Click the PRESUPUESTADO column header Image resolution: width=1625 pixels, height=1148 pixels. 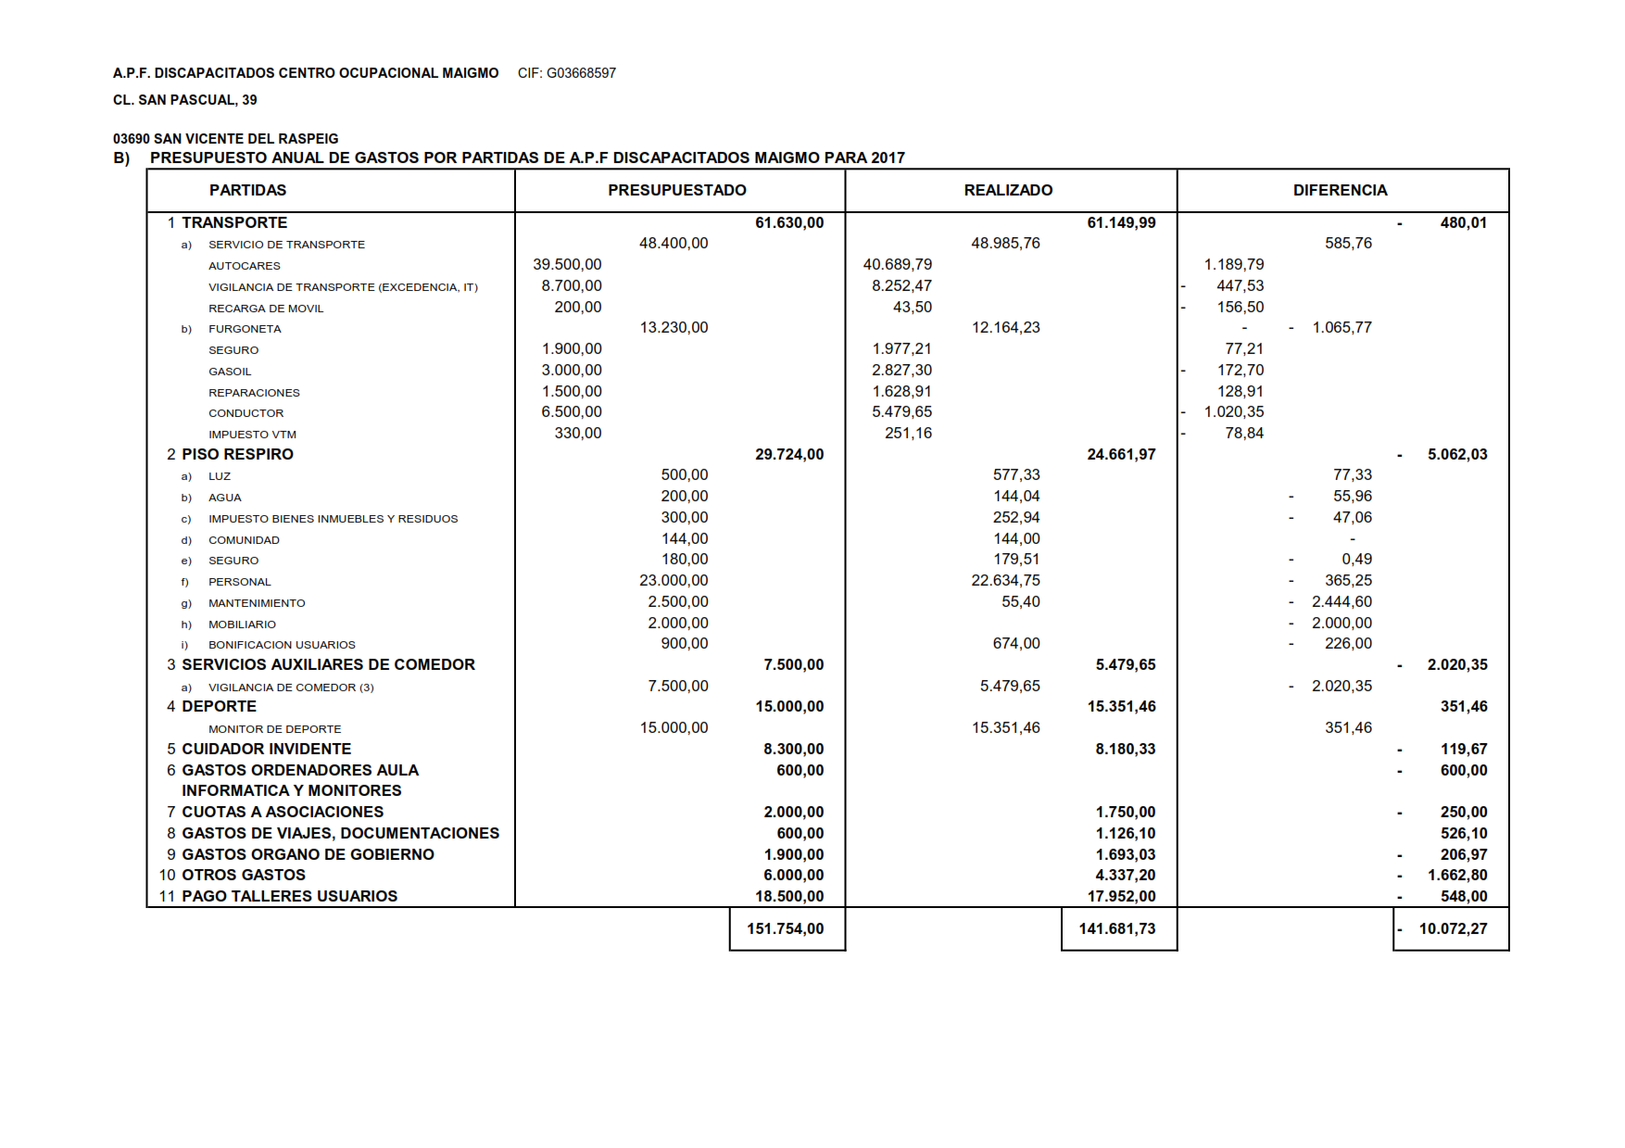[x=676, y=190]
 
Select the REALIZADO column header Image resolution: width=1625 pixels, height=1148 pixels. [x=1008, y=190]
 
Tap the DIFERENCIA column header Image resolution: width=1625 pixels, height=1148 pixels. [x=1340, y=190]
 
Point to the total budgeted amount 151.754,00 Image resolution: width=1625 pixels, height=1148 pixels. [x=786, y=928]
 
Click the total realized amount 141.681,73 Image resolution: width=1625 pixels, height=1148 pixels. [x=1117, y=928]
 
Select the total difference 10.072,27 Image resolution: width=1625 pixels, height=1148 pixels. [x=1453, y=928]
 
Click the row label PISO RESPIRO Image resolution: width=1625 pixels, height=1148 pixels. [x=237, y=454]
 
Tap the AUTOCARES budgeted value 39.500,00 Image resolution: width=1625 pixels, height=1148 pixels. [x=567, y=265]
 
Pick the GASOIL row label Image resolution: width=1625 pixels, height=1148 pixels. [x=230, y=372]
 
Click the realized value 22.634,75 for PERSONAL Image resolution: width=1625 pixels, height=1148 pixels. [x=1005, y=581]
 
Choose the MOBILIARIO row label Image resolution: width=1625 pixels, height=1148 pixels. [x=242, y=624]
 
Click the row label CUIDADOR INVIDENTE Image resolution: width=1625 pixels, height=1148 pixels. [x=266, y=749]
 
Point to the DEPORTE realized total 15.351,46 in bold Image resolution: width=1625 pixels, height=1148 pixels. [x=1121, y=706]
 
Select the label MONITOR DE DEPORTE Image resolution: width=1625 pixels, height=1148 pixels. [x=274, y=729]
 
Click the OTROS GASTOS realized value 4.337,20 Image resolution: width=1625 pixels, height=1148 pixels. [x=1126, y=875]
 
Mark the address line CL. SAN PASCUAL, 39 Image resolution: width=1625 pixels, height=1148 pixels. [x=185, y=100]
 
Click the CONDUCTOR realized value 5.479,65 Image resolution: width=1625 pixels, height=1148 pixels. [x=901, y=412]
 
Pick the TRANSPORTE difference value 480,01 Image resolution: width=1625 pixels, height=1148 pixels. [x=1463, y=222]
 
